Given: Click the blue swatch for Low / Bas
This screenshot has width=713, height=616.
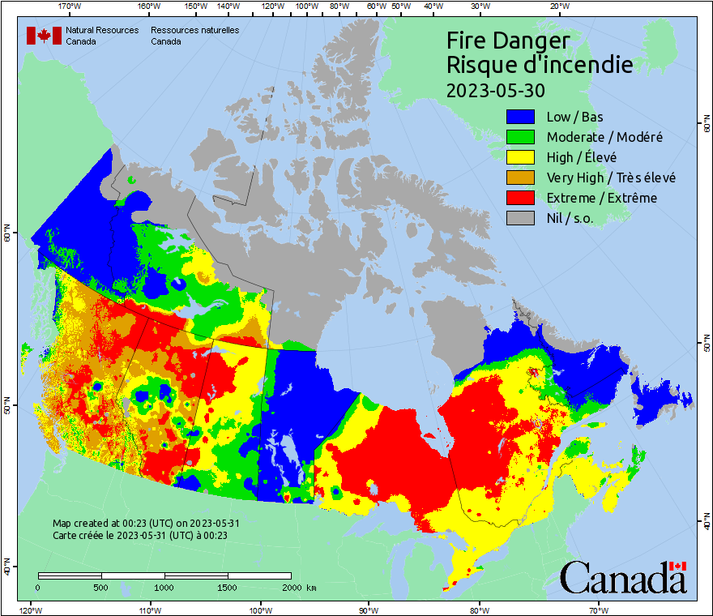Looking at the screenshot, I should point(521,117).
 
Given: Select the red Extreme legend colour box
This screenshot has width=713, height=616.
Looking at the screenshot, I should point(521,198).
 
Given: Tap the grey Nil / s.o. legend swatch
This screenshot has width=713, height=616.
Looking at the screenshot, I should point(521,218).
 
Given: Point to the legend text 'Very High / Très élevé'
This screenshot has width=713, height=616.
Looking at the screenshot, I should point(611,178).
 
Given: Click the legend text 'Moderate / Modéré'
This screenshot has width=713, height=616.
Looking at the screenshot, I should point(604,137).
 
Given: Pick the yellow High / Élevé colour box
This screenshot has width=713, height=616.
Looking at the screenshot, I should point(521,157).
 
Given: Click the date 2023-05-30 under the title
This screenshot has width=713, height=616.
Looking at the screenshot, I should point(496,89).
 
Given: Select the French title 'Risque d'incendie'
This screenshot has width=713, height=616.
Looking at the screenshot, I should point(540,65).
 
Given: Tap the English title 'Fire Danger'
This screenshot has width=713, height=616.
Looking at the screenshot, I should point(508,41).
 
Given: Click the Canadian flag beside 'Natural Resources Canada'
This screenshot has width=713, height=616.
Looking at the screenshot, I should point(44,36).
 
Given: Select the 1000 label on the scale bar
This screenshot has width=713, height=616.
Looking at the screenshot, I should point(164,587).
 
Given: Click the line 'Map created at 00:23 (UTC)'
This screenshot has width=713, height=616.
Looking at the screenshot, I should point(146,524).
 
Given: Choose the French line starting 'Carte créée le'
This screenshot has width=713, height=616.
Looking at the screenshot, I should point(139,535).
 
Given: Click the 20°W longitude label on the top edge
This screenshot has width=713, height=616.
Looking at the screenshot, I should point(557,6).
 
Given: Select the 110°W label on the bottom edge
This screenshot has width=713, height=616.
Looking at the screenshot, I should point(148,610).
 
